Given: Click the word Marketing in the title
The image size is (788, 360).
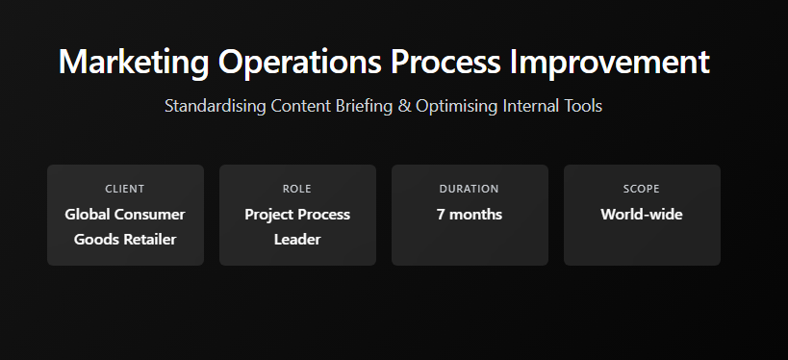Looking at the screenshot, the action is pyautogui.click(x=134, y=63).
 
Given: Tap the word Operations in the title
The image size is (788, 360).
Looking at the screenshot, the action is pyautogui.click(x=299, y=63).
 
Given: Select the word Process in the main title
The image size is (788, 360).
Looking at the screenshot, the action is pyautogui.click(x=445, y=62).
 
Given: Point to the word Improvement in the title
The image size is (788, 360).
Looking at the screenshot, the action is pyautogui.click(x=610, y=63).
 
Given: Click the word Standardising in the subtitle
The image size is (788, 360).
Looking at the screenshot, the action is pyautogui.click(x=216, y=106).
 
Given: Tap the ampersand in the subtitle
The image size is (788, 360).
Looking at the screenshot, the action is pyautogui.click(x=404, y=106).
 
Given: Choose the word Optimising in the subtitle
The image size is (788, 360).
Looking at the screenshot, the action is pyautogui.click(x=457, y=107).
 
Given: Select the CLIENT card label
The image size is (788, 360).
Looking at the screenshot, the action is pyautogui.click(x=125, y=189).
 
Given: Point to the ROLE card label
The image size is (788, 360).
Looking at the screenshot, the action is pyautogui.click(x=297, y=189).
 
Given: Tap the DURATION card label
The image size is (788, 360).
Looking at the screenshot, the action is pyautogui.click(x=469, y=189).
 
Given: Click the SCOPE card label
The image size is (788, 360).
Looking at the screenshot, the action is pyautogui.click(x=641, y=189).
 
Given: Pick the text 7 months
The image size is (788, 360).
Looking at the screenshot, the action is pyautogui.click(x=470, y=215).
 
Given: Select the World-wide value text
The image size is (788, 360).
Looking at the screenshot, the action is pyautogui.click(x=642, y=215).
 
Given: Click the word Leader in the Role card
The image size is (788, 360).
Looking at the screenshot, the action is pyautogui.click(x=297, y=240).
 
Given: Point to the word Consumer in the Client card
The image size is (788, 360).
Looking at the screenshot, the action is pyautogui.click(x=149, y=215).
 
